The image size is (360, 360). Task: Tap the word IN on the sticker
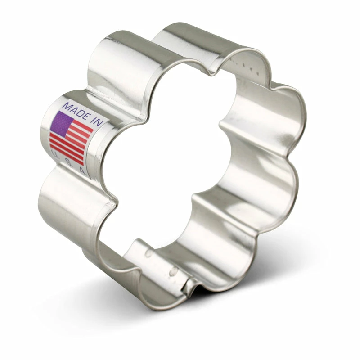tap(97, 121)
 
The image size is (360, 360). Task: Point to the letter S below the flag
tap(68, 163)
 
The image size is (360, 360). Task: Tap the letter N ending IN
tap(100, 122)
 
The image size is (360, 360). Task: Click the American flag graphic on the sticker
tap(71, 138)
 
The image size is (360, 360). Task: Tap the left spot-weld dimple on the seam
tap(148, 253)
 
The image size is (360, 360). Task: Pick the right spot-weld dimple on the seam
tap(173, 272)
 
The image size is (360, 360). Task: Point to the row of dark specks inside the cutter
tap(247, 66)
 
